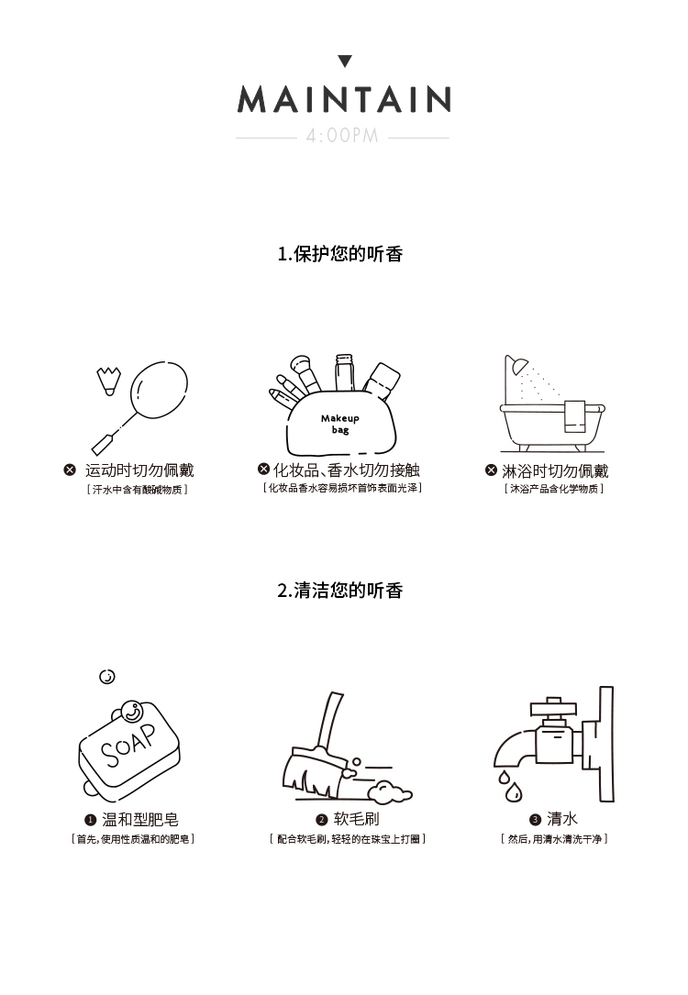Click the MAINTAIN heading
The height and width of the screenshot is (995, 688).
click(x=344, y=100)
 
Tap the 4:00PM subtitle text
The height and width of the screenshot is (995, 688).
click(x=342, y=136)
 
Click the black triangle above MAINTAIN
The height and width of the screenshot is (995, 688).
click(x=345, y=61)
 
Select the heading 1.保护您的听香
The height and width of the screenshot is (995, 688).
click(x=340, y=254)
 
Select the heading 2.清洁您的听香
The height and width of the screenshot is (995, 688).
click(x=340, y=591)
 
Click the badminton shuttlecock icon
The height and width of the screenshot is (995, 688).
click(x=108, y=380)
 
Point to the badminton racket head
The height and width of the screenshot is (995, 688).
click(x=159, y=390)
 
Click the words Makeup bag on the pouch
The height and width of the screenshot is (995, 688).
click(x=340, y=424)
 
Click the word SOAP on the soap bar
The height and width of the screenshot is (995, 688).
click(x=128, y=745)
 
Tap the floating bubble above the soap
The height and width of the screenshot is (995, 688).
click(x=107, y=677)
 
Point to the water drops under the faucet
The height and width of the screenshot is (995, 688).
click(x=510, y=786)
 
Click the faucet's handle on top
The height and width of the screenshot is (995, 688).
click(x=553, y=705)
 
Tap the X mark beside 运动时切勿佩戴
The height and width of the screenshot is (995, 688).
click(x=70, y=470)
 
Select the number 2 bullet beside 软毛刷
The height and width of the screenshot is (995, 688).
click(x=321, y=820)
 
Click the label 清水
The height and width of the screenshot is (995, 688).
click(x=562, y=819)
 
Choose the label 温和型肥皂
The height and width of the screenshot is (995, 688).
click(x=140, y=819)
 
